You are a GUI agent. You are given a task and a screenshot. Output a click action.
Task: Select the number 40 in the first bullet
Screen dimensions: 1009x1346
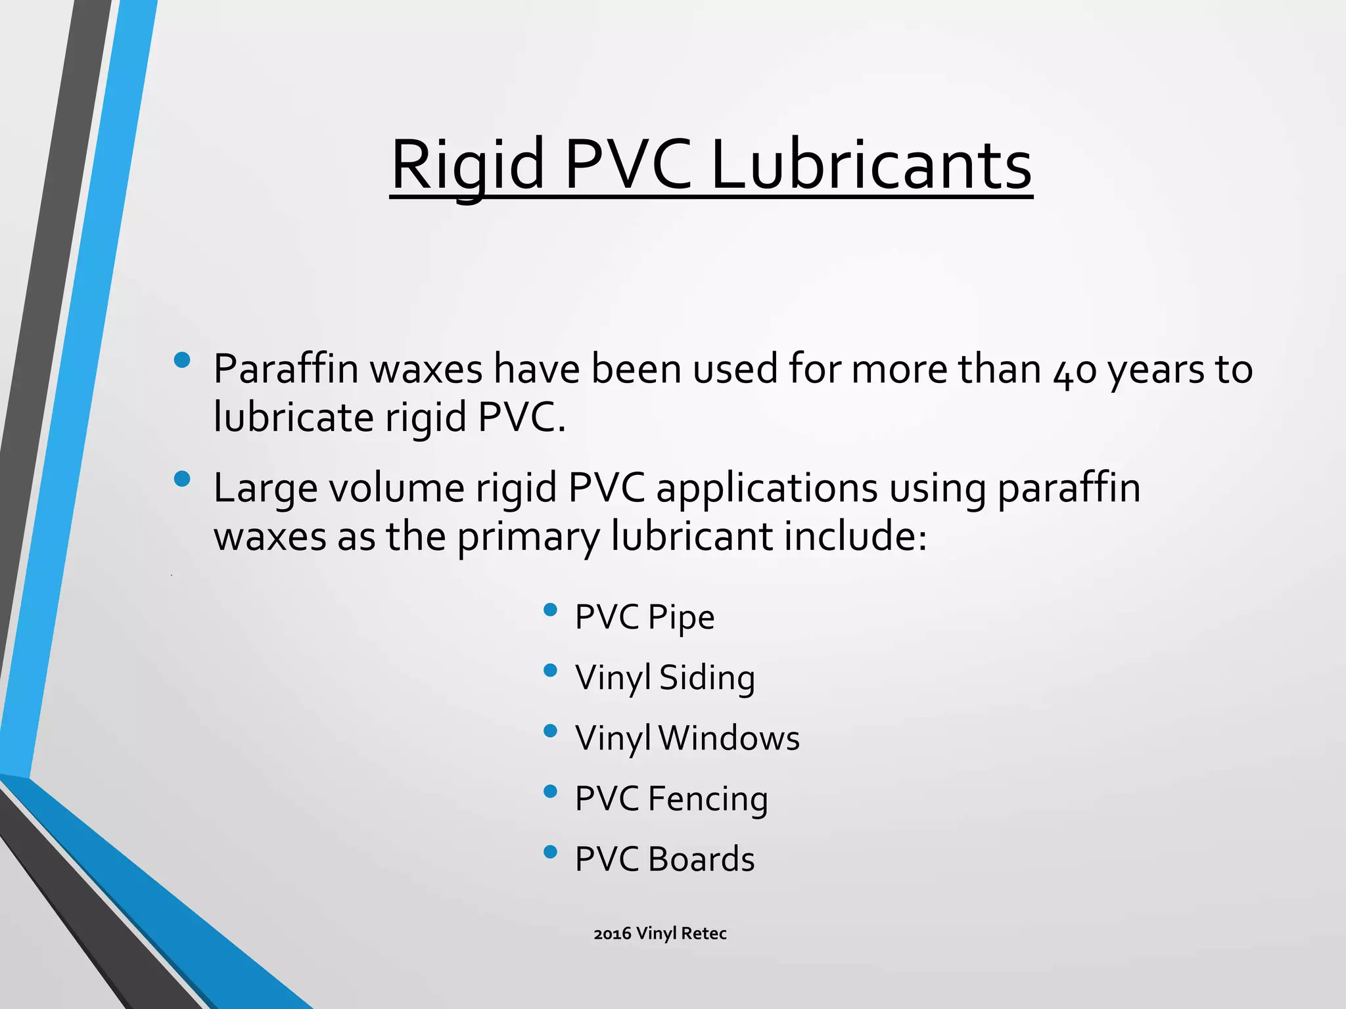(1075, 370)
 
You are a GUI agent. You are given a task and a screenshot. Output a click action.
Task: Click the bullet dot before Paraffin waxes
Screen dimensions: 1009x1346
(182, 359)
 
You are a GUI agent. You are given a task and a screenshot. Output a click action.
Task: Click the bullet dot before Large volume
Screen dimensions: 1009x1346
(182, 479)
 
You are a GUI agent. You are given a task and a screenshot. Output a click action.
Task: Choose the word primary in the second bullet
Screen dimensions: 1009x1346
(528, 537)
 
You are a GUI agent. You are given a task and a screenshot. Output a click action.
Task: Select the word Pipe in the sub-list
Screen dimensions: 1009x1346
(681, 617)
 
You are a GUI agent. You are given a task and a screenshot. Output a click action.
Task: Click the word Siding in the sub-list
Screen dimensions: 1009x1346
(707, 678)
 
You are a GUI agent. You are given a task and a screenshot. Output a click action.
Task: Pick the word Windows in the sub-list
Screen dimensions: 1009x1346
(729, 738)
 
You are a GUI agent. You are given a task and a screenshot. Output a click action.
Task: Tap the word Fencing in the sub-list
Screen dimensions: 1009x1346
(708, 799)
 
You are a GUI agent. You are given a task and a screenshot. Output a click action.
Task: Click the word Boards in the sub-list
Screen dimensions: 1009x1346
(701, 859)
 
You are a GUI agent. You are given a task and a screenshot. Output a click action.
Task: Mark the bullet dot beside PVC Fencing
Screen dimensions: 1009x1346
(551, 792)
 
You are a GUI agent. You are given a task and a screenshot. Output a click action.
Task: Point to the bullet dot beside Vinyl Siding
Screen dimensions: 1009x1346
(551, 671)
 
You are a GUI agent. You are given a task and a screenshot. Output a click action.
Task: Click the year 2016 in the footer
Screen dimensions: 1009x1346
(612, 933)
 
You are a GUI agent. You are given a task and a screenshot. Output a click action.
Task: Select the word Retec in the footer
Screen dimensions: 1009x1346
(704, 933)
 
